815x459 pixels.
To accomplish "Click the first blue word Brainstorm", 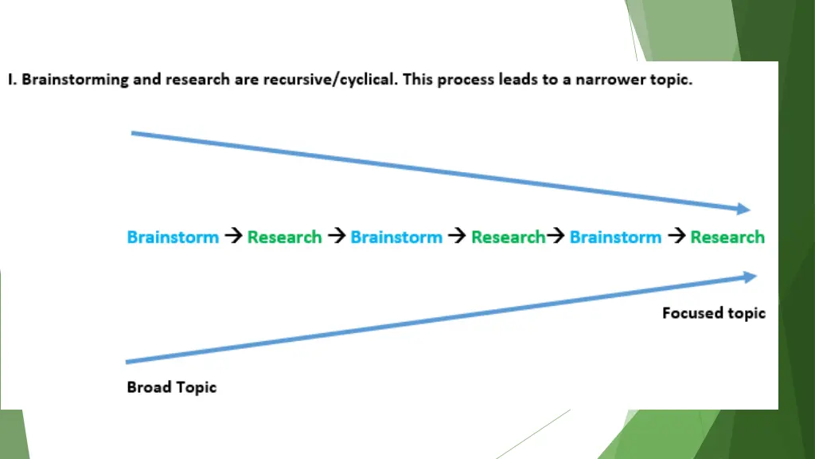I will pyautogui.click(x=173, y=237).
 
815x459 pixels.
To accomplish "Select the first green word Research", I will pyautogui.click(x=284, y=237).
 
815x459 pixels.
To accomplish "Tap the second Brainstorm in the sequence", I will pyautogui.click(x=396, y=237).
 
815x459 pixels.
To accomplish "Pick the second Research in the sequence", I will pyautogui.click(x=508, y=237).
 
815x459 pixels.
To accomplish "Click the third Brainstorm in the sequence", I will pyautogui.click(x=615, y=237).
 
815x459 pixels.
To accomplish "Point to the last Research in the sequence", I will pyautogui.click(x=727, y=237).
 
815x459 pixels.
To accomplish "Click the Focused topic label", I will pyautogui.click(x=713, y=313).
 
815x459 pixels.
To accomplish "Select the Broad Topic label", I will pyautogui.click(x=172, y=387).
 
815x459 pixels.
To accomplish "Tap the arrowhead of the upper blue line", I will pyautogui.click(x=743, y=209).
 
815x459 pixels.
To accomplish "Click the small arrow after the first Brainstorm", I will pyautogui.click(x=232, y=237).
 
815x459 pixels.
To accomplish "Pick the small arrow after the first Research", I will pyautogui.click(x=336, y=237).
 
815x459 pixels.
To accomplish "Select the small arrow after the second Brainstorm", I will pyautogui.click(x=456, y=237).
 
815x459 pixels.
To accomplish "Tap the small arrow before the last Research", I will pyautogui.click(x=676, y=237).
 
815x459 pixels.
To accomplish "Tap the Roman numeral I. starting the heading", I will pyautogui.click(x=11, y=80).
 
